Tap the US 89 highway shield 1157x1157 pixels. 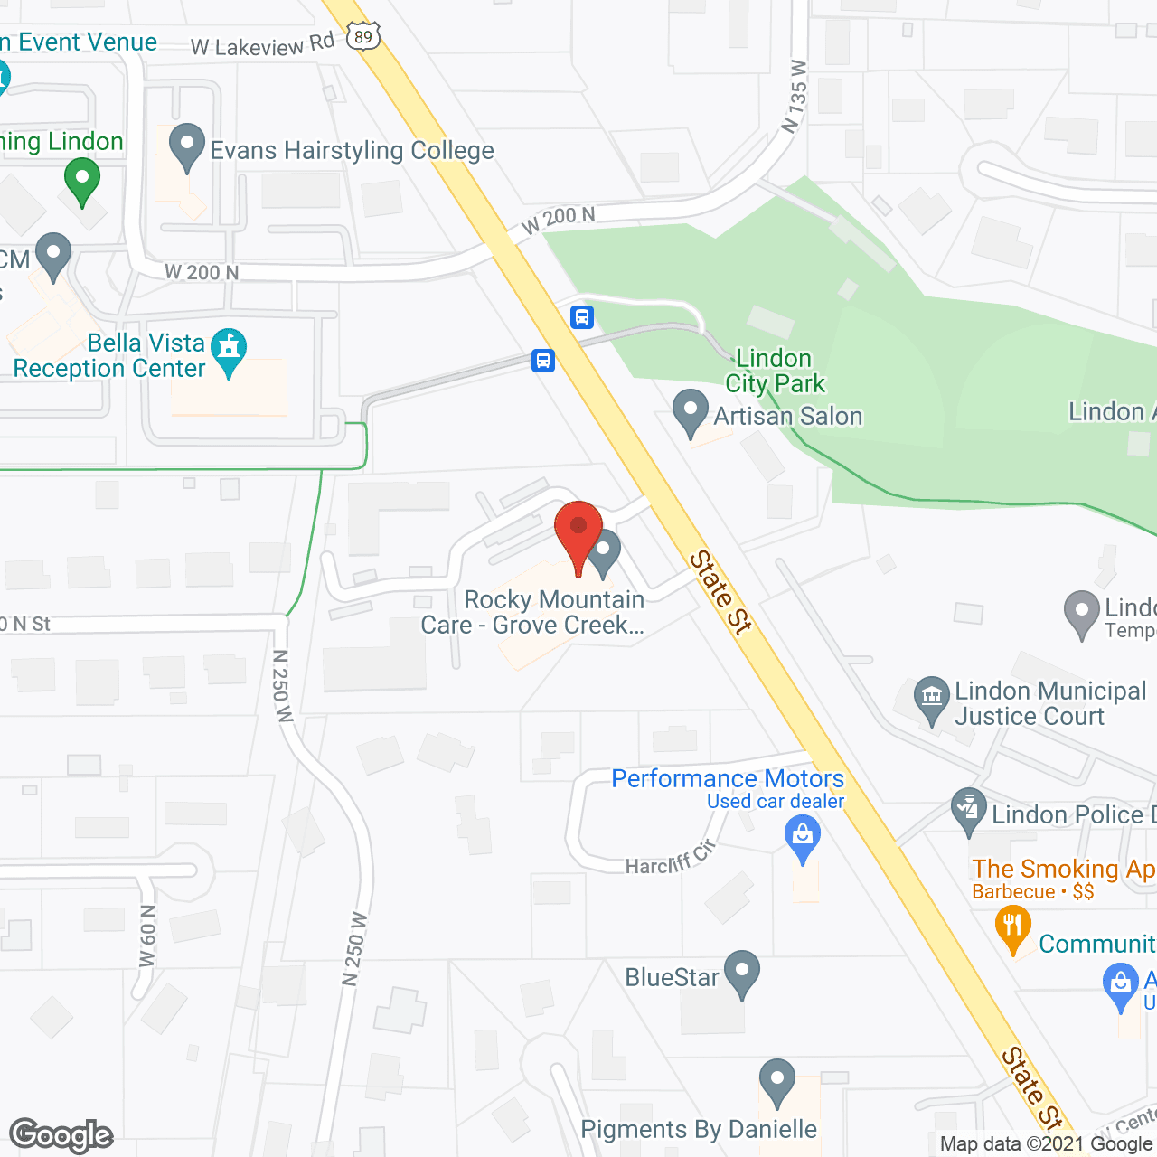363,36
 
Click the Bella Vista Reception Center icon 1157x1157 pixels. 229,349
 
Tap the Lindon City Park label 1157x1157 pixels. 775,371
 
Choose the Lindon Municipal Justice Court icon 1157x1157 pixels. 931,698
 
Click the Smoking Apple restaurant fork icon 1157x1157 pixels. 1012,927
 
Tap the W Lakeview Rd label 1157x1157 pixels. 262,44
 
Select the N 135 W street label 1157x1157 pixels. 795,97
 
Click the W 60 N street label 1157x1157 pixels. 147,936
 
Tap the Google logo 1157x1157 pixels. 61,1135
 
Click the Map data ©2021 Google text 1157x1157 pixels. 1046,1144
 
